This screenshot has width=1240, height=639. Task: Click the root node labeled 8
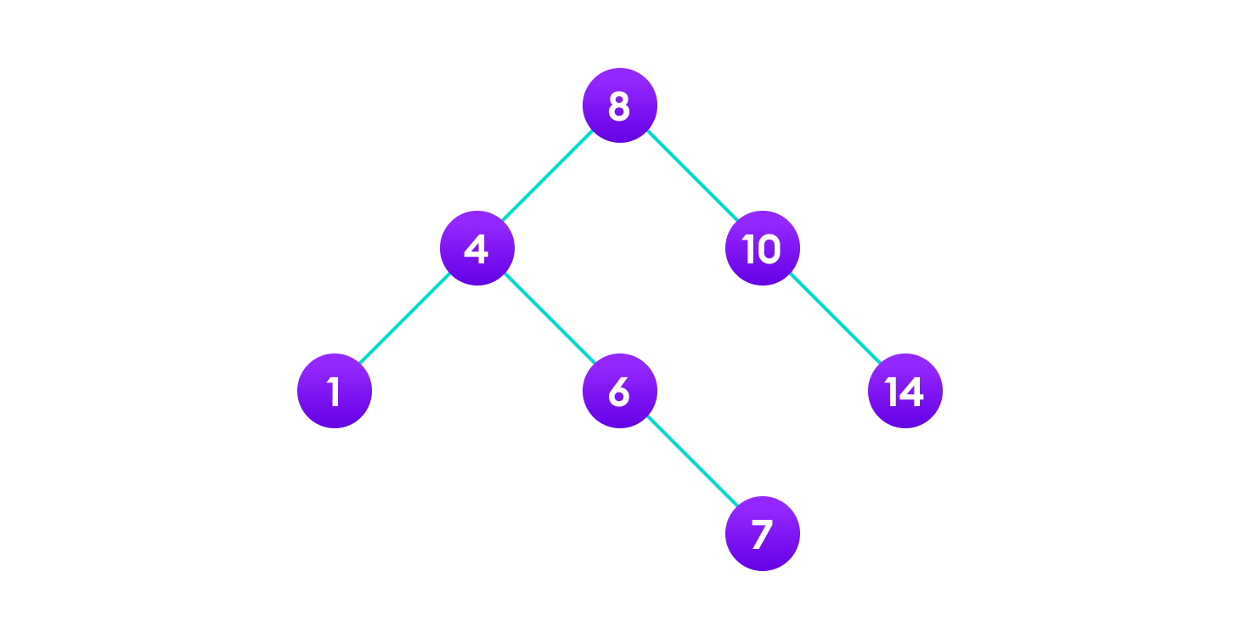pos(619,105)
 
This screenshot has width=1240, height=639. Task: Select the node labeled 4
pos(476,248)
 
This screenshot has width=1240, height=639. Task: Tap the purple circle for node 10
pos(762,248)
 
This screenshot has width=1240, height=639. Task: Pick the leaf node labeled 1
pos(334,391)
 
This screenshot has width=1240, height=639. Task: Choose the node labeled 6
pos(619,391)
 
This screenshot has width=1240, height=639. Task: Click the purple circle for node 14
pos(905,391)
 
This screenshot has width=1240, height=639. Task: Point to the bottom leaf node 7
pos(762,534)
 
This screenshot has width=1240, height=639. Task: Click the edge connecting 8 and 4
pos(548,177)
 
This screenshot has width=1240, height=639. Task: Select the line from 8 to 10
pos(690,177)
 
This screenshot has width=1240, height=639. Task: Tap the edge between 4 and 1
pos(405,319)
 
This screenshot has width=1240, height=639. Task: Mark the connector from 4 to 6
pos(548,319)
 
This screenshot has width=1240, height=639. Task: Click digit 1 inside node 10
pos(748,249)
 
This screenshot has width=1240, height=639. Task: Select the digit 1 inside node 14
pos(891,392)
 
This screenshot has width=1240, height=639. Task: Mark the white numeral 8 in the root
pos(619,106)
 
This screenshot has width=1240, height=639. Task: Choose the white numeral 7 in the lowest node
pos(762,534)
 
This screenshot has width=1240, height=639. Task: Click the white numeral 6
pos(619,392)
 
